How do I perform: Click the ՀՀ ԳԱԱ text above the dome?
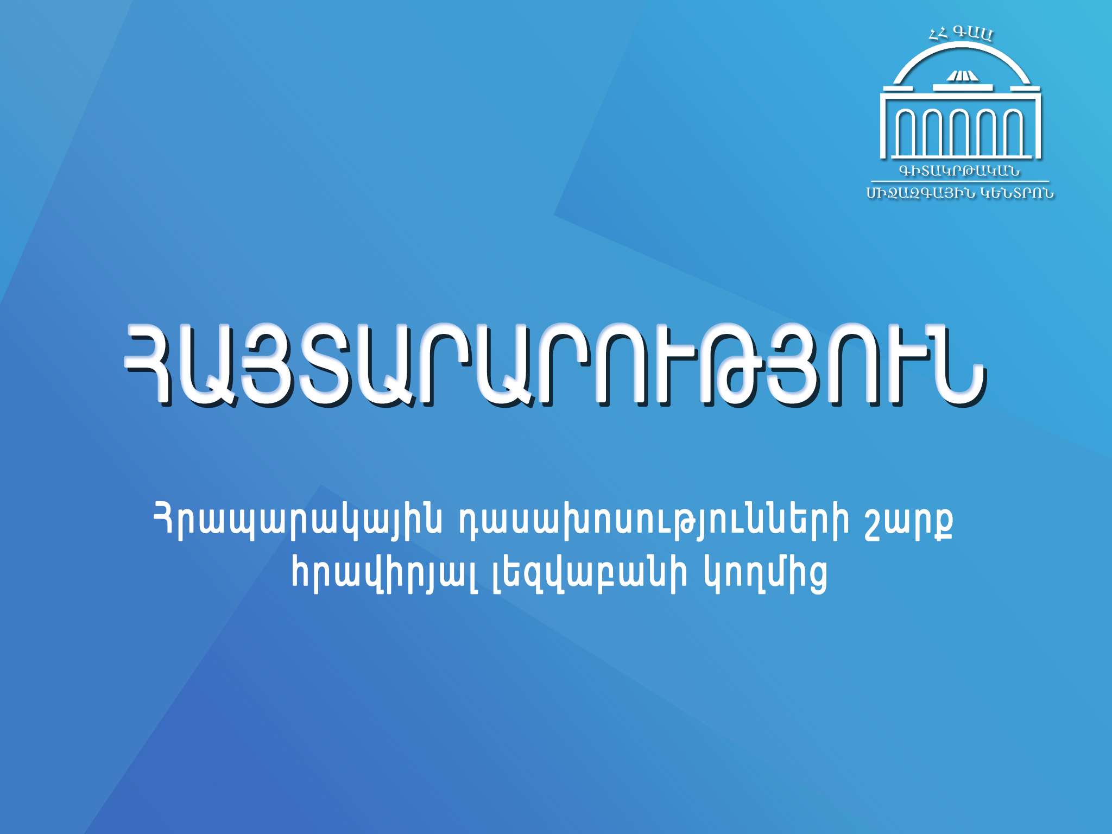click(x=961, y=34)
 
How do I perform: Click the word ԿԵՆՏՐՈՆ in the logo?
click(x=1018, y=193)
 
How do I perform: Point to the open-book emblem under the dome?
click(x=962, y=76)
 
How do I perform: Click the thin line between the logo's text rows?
click(x=960, y=181)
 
